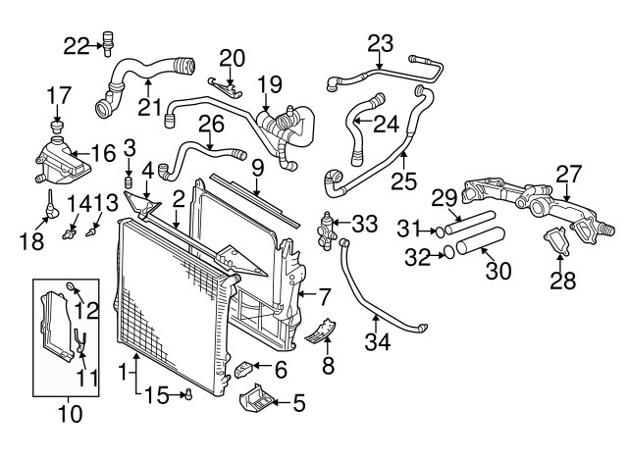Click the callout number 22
(77, 43)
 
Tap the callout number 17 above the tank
(59, 94)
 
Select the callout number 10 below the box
(69, 414)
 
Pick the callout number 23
(380, 43)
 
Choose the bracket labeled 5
(257, 403)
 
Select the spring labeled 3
(128, 182)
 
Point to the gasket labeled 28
(556, 240)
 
